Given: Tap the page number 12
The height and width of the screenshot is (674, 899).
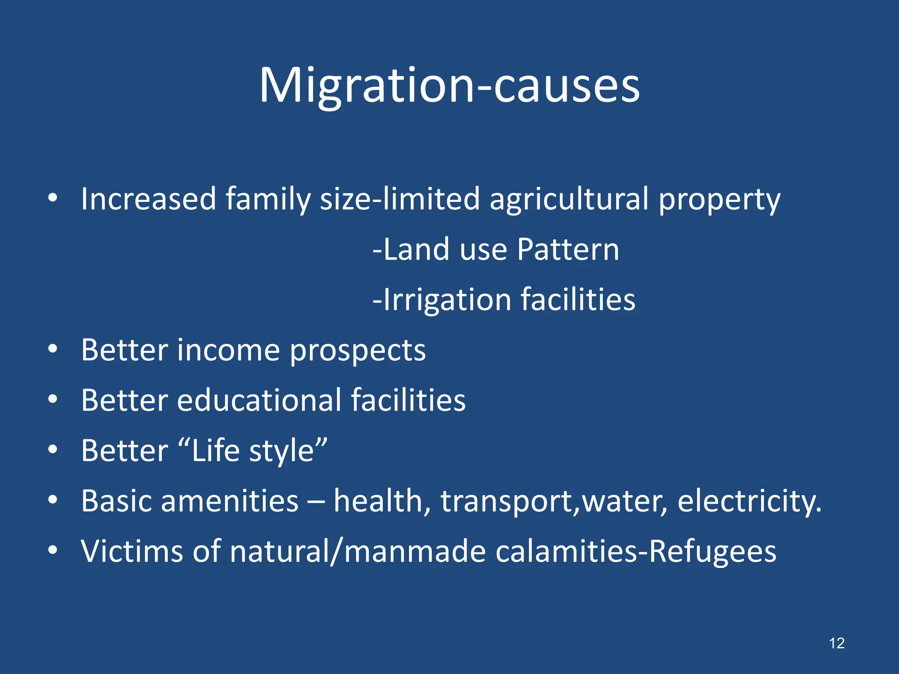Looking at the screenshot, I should click(837, 643).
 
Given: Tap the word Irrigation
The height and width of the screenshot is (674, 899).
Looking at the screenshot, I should click(447, 300).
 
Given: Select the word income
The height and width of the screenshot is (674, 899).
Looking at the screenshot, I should click(228, 350).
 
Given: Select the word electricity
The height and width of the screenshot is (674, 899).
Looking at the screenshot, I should click(749, 502).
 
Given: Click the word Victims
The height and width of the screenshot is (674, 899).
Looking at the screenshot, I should click(132, 551).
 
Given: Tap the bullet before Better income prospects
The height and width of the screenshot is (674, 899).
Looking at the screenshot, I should click(53, 349).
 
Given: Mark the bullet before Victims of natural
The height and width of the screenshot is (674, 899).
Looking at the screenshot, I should click(53, 550).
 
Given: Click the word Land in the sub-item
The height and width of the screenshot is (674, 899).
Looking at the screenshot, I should click(417, 249).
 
